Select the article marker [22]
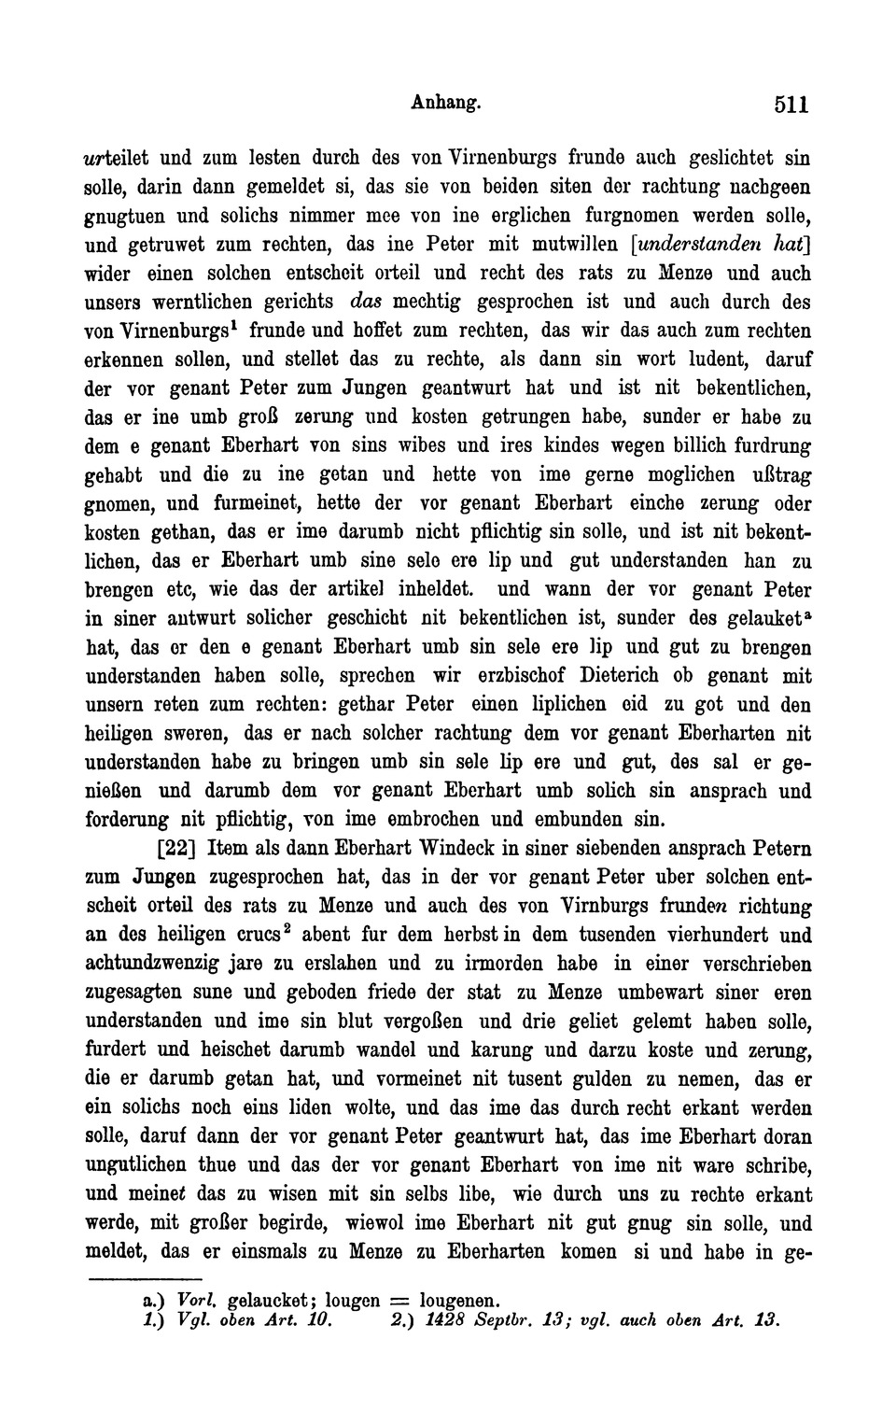(x=177, y=850)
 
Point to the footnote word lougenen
(x=459, y=1299)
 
